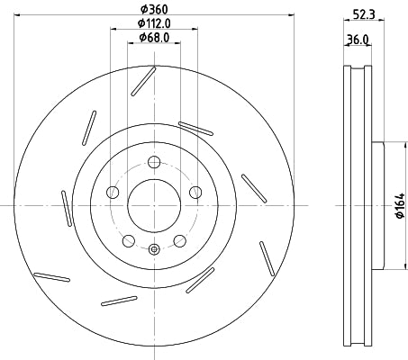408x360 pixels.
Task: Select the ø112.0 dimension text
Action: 155,23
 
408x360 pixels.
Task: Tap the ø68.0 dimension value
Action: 155,38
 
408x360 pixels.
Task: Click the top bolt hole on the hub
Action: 154,162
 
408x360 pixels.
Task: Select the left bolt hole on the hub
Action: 113,192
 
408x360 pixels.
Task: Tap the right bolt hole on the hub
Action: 195,192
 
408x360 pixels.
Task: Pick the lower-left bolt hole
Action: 129,240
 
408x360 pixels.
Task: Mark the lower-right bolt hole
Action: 179,240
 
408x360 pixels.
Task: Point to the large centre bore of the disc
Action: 154,205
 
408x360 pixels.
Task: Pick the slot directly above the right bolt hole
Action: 195,128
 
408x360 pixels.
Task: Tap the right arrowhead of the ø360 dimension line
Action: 291,14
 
